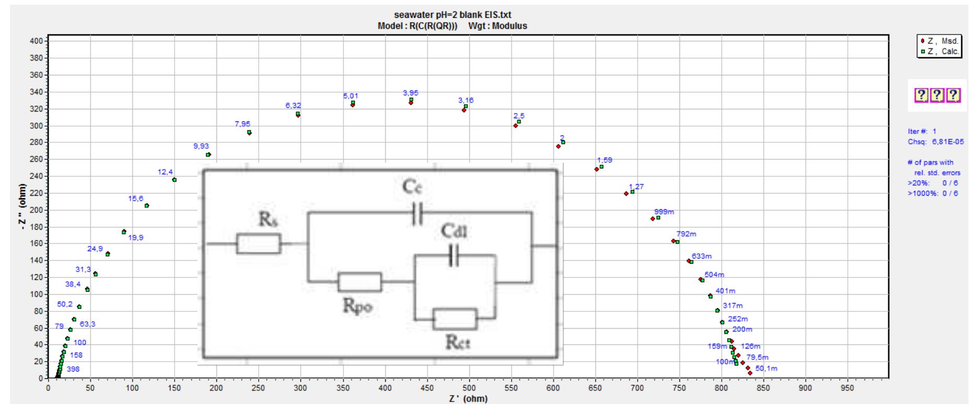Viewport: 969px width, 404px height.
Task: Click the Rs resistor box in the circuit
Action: point(258,243)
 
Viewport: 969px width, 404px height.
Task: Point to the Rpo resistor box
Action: point(360,282)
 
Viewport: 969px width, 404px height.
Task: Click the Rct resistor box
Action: point(455,319)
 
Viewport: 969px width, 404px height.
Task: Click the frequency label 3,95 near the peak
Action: point(410,93)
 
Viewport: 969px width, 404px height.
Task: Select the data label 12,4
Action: point(165,172)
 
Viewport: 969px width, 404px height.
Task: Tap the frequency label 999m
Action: point(664,211)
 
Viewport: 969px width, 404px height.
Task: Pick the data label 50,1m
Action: point(766,368)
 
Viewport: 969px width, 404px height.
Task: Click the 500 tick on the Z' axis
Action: point(469,388)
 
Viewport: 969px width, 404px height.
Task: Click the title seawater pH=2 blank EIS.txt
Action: point(452,15)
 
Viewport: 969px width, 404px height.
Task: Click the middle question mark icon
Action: point(938,95)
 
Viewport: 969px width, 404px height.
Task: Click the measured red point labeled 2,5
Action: point(515,126)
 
